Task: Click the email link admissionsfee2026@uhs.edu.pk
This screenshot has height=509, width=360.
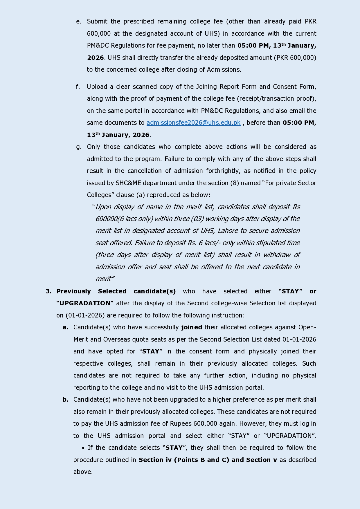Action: click(x=193, y=123)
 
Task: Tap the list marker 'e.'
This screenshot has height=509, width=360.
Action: click(x=79, y=21)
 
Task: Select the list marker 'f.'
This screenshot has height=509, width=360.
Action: click(x=78, y=87)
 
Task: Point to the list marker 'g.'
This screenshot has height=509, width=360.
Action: click(x=79, y=147)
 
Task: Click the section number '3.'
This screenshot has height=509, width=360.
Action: click(x=48, y=291)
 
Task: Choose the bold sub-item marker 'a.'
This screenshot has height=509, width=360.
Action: click(x=65, y=327)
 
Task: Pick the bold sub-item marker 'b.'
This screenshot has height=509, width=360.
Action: click(x=65, y=400)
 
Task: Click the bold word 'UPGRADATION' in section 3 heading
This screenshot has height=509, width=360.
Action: click(x=85, y=303)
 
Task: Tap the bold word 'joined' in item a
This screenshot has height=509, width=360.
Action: click(x=192, y=327)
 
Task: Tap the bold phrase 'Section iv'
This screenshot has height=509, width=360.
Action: click(x=155, y=460)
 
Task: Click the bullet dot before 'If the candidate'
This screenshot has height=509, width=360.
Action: click(x=83, y=448)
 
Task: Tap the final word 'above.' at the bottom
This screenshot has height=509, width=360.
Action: click(x=83, y=472)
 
